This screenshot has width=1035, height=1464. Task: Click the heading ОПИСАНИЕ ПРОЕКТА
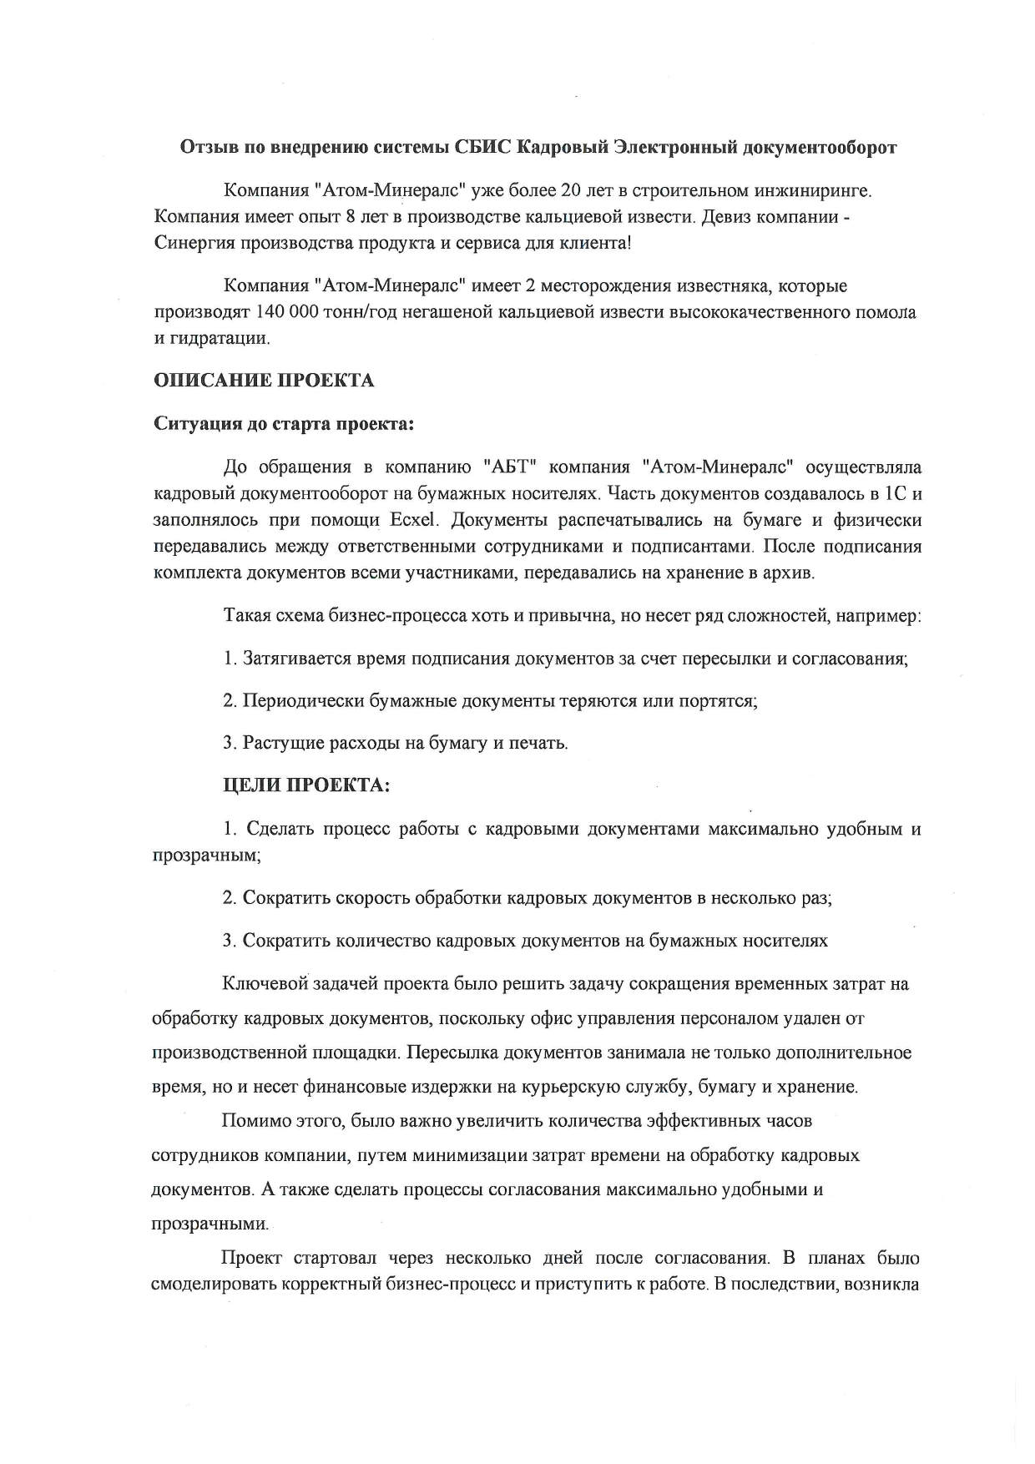[264, 381]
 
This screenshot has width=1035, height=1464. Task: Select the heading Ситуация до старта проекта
[284, 423]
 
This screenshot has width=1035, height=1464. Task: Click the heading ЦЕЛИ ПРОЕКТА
[306, 785]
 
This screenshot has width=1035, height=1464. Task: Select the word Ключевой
[262, 983]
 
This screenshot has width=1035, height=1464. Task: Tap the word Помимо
[250, 1120]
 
